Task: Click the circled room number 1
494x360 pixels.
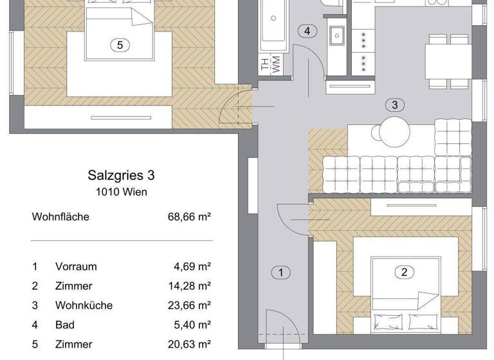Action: (280, 273)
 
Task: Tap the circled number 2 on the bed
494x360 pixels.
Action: (404, 272)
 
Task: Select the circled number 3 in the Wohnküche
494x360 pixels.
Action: (395, 105)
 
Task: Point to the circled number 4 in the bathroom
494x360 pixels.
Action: (308, 31)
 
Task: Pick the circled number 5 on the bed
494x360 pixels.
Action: (120, 45)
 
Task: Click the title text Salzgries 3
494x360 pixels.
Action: (121, 175)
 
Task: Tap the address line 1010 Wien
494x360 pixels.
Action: (121, 192)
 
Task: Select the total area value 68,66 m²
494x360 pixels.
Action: (190, 217)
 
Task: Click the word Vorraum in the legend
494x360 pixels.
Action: (76, 266)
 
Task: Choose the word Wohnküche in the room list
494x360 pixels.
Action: (84, 305)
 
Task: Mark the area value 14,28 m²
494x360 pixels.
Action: (190, 285)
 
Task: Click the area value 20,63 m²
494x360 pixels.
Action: (190, 344)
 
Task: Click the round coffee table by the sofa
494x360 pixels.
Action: (394, 132)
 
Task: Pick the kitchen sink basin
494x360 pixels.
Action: (336, 35)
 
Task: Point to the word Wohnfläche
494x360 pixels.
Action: (60, 217)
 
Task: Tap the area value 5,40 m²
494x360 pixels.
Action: (192, 324)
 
